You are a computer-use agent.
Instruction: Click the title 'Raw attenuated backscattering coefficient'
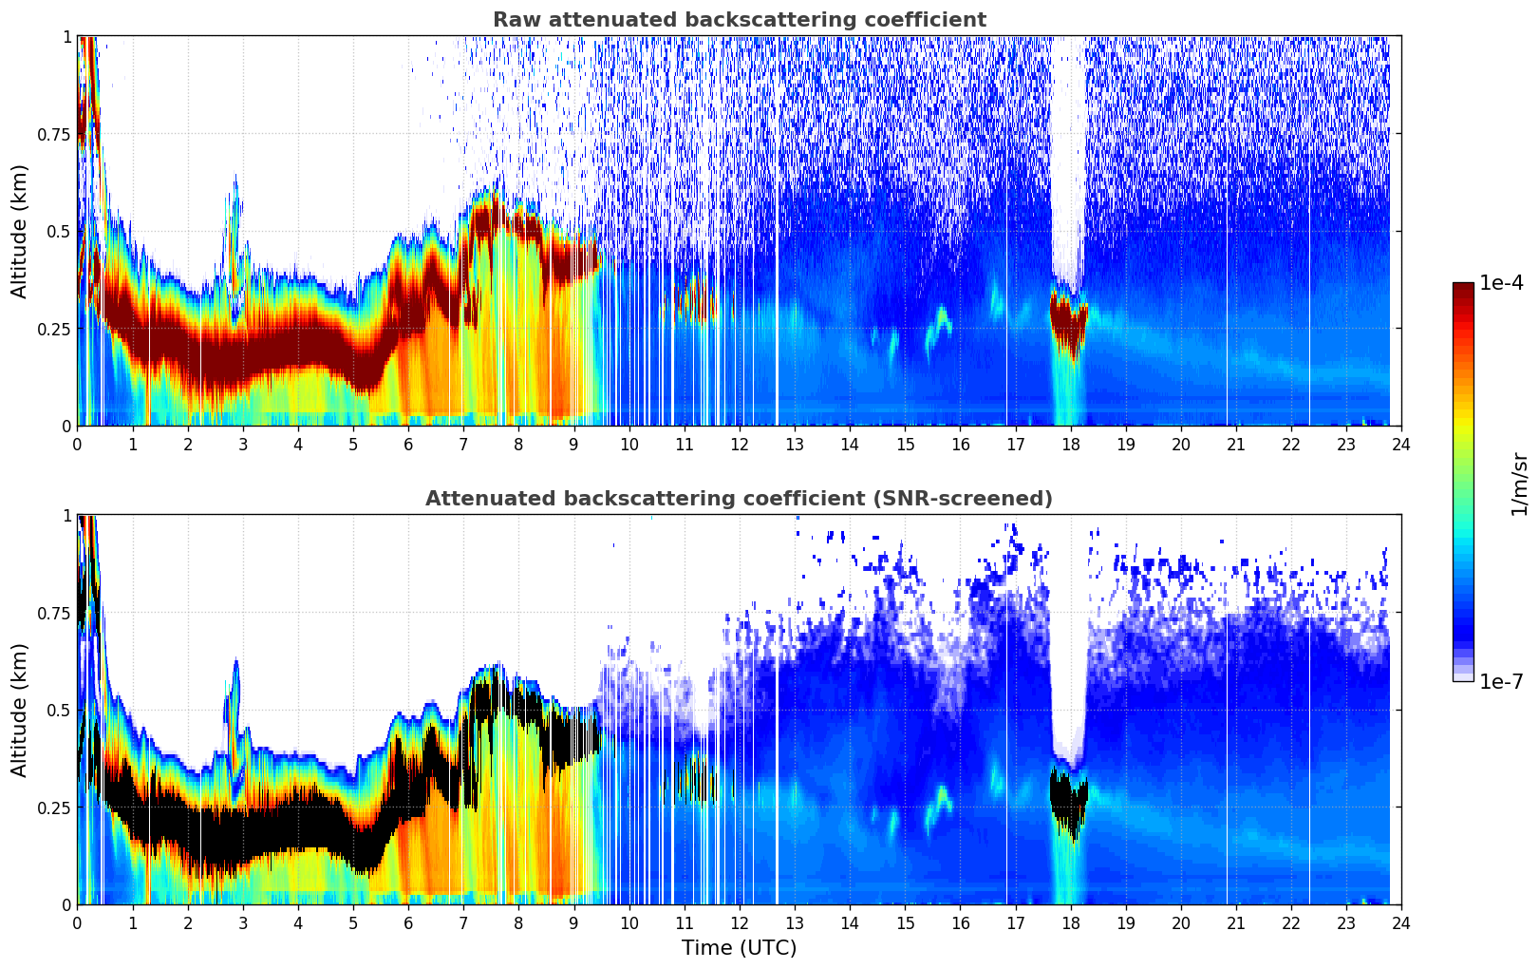pyautogui.click(x=739, y=20)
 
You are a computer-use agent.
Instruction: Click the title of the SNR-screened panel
pyautogui.click(x=739, y=499)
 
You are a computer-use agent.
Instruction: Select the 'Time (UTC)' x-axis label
pyautogui.click(x=739, y=948)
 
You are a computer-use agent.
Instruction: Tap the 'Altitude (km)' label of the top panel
pyautogui.click(x=20, y=231)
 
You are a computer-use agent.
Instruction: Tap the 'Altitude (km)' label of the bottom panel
pyautogui.click(x=20, y=710)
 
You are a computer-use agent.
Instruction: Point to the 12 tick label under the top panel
pyautogui.click(x=740, y=444)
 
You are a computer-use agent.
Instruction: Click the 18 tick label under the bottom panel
pyautogui.click(x=1071, y=922)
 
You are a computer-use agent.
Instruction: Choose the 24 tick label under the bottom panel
pyautogui.click(x=1401, y=922)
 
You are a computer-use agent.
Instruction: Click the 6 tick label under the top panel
pyautogui.click(x=408, y=444)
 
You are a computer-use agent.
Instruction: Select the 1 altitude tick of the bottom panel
pyautogui.click(x=66, y=515)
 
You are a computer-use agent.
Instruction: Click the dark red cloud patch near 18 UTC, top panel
pyautogui.click(x=1070, y=323)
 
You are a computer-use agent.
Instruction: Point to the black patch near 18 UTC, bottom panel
pyautogui.click(x=1070, y=798)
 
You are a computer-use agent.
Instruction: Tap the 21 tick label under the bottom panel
pyautogui.click(x=1236, y=922)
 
